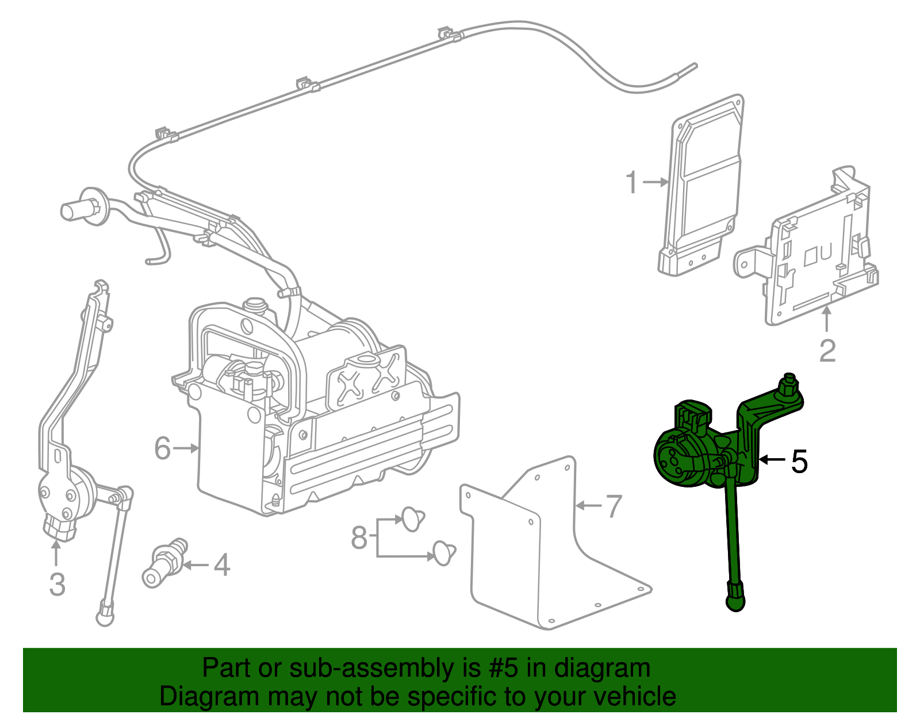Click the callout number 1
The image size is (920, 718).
point(631,183)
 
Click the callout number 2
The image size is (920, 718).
point(827,351)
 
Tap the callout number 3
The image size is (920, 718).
point(57,584)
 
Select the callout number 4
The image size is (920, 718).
point(222,565)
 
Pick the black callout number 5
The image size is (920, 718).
point(799,461)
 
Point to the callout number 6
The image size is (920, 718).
point(163,448)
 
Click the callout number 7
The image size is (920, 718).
point(614,506)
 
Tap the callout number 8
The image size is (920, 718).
point(359,538)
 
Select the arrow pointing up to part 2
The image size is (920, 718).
point(827,320)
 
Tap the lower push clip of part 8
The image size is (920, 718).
point(444,552)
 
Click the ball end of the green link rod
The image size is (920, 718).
point(735,602)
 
